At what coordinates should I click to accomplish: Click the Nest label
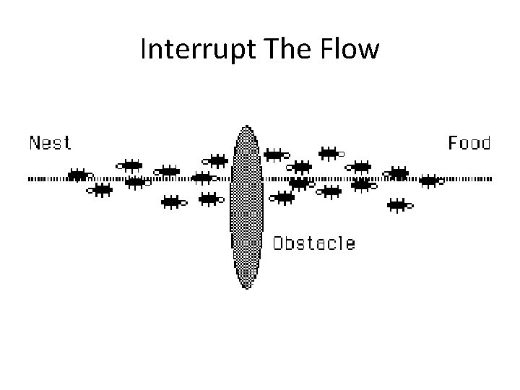tap(50, 142)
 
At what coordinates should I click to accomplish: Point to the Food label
tap(469, 142)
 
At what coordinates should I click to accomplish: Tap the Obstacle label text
tap(313, 243)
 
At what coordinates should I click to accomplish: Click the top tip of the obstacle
tap(246, 127)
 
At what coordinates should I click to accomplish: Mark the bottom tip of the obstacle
tap(246, 287)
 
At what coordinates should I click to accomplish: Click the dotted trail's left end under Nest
tap(30, 178)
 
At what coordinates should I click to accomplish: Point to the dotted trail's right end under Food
tap(491, 178)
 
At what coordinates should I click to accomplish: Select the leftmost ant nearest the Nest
tap(79, 175)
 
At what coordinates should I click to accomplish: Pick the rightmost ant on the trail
tap(431, 180)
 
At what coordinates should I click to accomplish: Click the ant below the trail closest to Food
tap(399, 205)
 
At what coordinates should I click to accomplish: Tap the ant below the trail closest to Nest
tap(101, 190)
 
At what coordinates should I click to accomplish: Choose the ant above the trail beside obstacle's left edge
tap(217, 160)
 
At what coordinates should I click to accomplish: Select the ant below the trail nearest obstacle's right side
tap(284, 196)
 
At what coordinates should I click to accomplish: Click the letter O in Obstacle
tap(279, 243)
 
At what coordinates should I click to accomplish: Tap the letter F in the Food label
tap(454, 142)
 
